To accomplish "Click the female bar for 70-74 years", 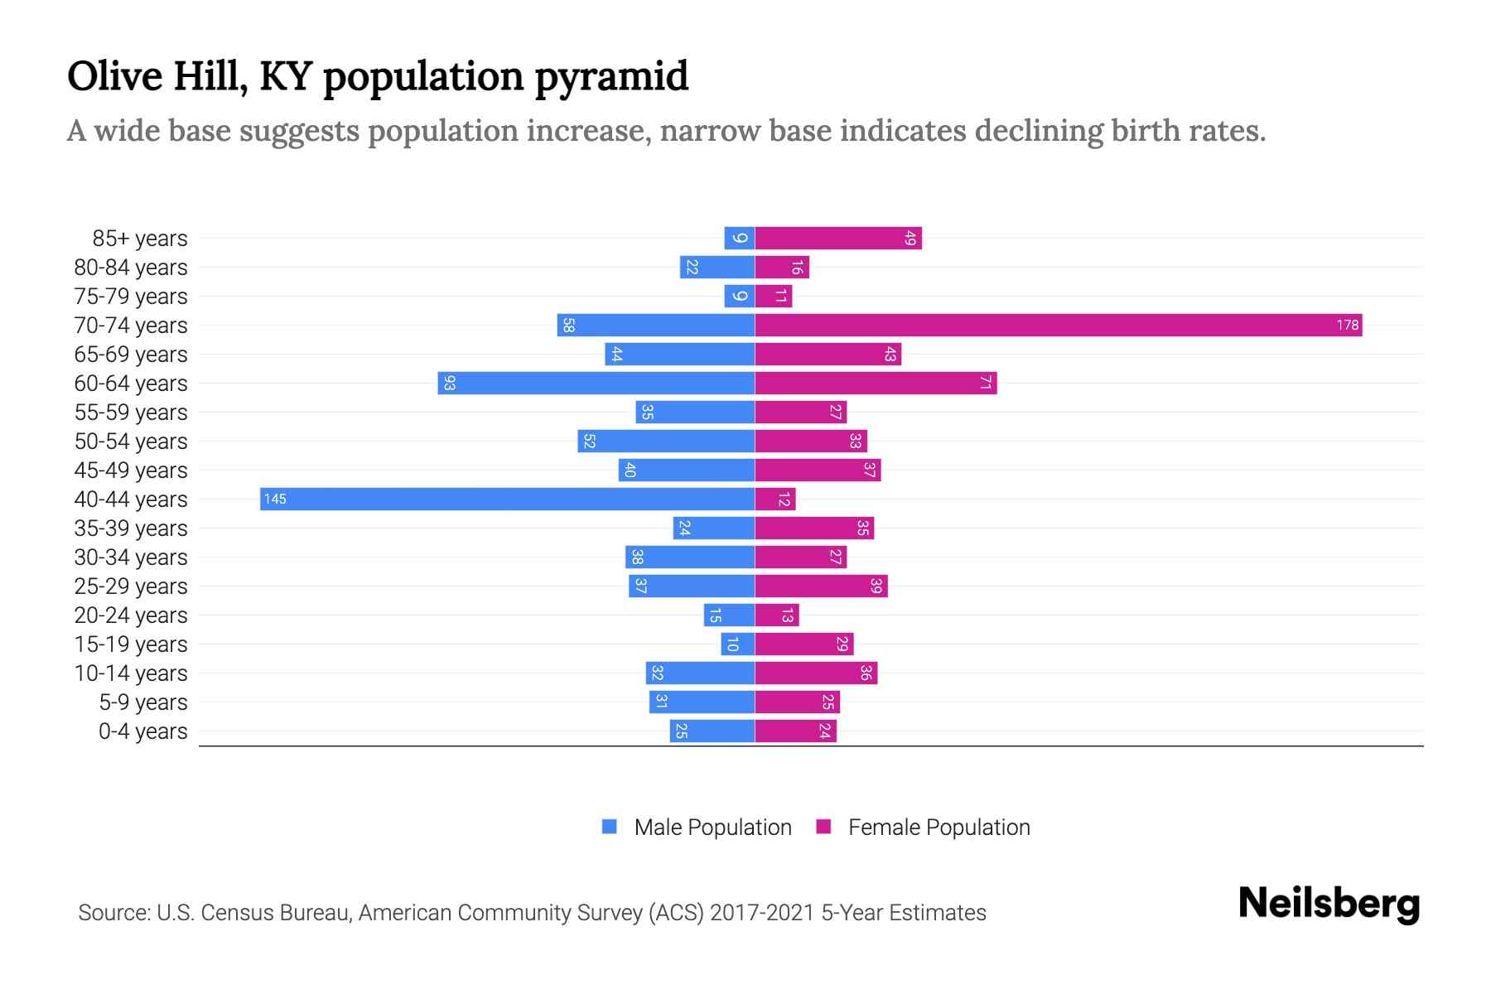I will pyautogui.click(x=1058, y=325).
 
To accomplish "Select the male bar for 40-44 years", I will pyautogui.click(x=507, y=499).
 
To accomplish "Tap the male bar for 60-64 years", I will pyautogui.click(x=596, y=383).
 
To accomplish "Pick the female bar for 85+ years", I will pyautogui.click(x=837, y=238).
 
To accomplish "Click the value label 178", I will pyautogui.click(x=1347, y=325).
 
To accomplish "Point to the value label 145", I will pyautogui.click(x=275, y=499).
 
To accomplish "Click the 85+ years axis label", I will pyautogui.click(x=139, y=239).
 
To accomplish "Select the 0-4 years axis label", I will pyautogui.click(x=142, y=731).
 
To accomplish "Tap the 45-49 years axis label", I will pyautogui.click(x=131, y=470).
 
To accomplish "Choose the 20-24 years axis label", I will pyautogui.click(x=131, y=615).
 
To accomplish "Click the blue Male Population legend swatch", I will pyautogui.click(x=610, y=827).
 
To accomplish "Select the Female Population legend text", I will pyautogui.click(x=939, y=828).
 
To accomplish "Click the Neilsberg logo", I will pyautogui.click(x=1329, y=905).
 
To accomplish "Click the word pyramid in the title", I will pyautogui.click(x=611, y=77).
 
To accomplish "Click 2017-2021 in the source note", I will pyautogui.click(x=762, y=913).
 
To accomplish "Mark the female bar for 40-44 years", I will pyautogui.click(x=775, y=499).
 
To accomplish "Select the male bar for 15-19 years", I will pyautogui.click(x=737, y=644).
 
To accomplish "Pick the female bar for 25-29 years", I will pyautogui.click(x=821, y=586).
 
